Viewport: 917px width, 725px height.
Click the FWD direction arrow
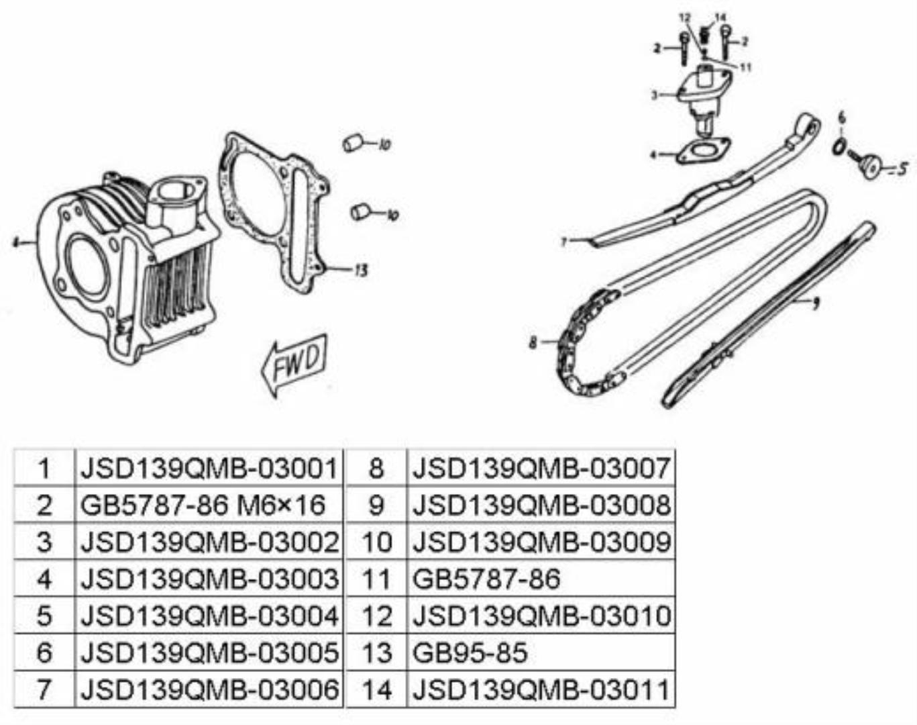point(294,365)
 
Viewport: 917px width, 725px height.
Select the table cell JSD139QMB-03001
point(209,468)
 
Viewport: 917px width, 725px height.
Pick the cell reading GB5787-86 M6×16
point(209,505)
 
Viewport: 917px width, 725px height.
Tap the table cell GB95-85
point(541,652)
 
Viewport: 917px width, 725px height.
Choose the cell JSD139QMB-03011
point(541,689)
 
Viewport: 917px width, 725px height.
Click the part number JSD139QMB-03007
point(541,468)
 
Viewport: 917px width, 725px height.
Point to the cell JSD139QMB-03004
point(209,616)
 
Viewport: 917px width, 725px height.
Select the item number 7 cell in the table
point(44,689)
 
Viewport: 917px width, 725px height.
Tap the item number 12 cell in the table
point(377,616)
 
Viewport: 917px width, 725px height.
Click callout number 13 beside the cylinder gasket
point(360,271)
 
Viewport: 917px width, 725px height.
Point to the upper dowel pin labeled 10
point(353,143)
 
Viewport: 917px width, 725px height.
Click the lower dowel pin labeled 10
point(361,212)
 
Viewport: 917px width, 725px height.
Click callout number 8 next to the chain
point(533,342)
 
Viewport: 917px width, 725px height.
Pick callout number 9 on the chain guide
point(815,303)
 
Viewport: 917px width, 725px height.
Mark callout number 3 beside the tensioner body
point(655,95)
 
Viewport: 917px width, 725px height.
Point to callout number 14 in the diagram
point(720,17)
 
